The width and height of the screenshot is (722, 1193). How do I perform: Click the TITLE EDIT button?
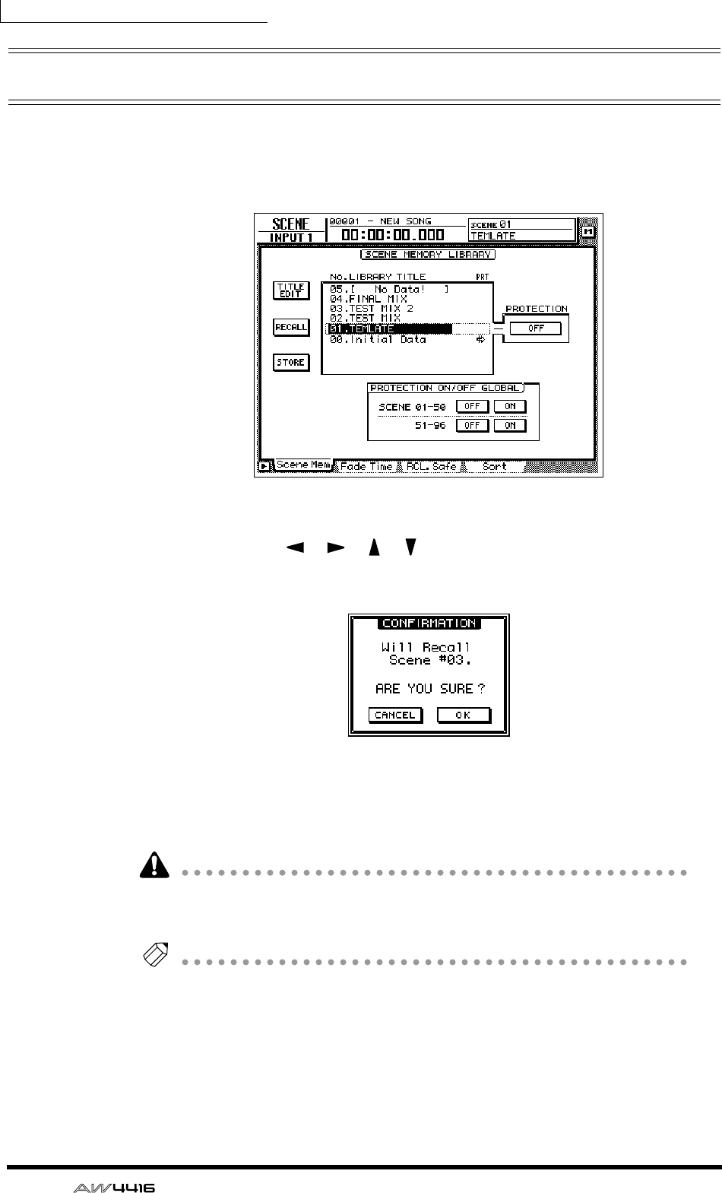click(x=290, y=290)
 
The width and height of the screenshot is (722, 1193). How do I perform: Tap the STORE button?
click(x=290, y=363)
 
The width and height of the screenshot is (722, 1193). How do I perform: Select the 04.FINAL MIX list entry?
click(x=368, y=300)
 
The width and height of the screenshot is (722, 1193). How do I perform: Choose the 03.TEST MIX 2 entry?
click(x=372, y=309)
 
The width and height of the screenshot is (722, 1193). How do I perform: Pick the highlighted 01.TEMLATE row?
click(x=388, y=329)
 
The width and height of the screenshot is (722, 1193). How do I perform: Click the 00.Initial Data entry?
click(x=378, y=340)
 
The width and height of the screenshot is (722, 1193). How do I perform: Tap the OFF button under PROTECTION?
click(x=536, y=328)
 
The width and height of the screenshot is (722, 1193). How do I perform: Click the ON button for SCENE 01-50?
click(x=510, y=406)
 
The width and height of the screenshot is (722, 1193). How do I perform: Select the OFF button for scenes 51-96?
click(x=472, y=426)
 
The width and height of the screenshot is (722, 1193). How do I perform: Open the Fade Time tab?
click(x=366, y=466)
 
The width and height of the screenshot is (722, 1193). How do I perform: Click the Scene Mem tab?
click(x=302, y=465)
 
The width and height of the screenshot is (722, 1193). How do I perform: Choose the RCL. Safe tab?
click(x=431, y=466)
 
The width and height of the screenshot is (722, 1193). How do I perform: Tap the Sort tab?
click(x=494, y=466)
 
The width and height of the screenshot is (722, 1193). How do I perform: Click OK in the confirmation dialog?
click(x=463, y=715)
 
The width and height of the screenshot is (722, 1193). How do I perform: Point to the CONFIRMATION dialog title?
click(x=429, y=623)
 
